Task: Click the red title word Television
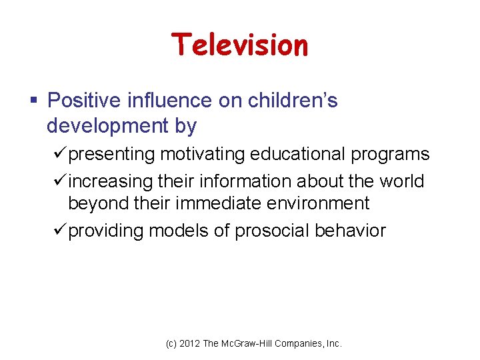(240, 45)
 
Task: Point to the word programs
(394, 154)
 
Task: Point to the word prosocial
(273, 231)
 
